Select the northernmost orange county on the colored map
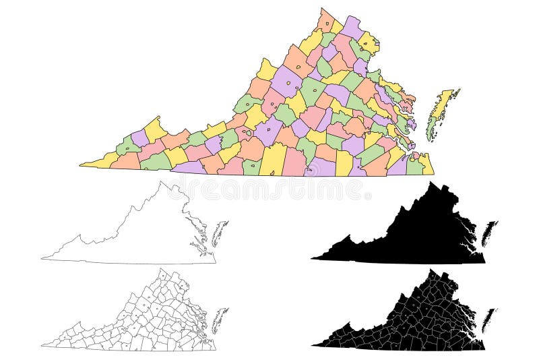pyautogui.click(x=327, y=20)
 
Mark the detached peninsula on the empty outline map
pyautogui.click(x=220, y=233)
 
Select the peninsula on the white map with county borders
pyautogui.click(x=220, y=320)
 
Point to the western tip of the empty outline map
pyautogui.click(x=43, y=258)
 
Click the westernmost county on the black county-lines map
pyautogui.click(x=324, y=344)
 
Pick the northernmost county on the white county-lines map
pyautogui.click(x=161, y=274)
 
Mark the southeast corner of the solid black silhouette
pyautogui.click(x=483, y=262)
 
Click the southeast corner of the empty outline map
pyautogui.click(x=214, y=262)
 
